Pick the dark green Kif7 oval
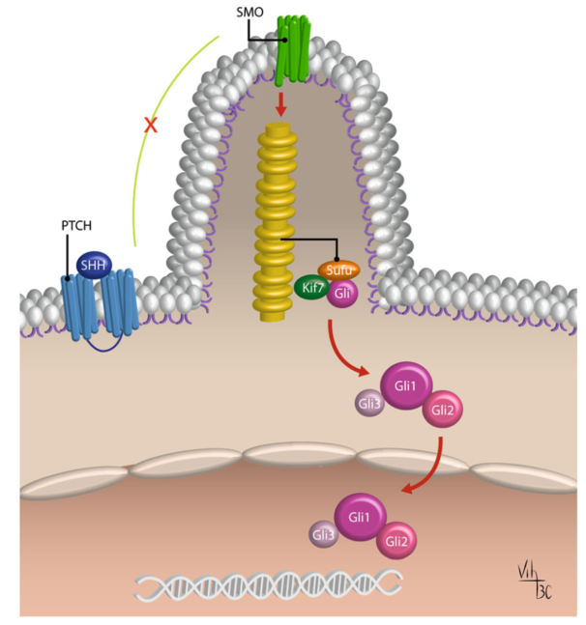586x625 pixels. pyautogui.click(x=311, y=289)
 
